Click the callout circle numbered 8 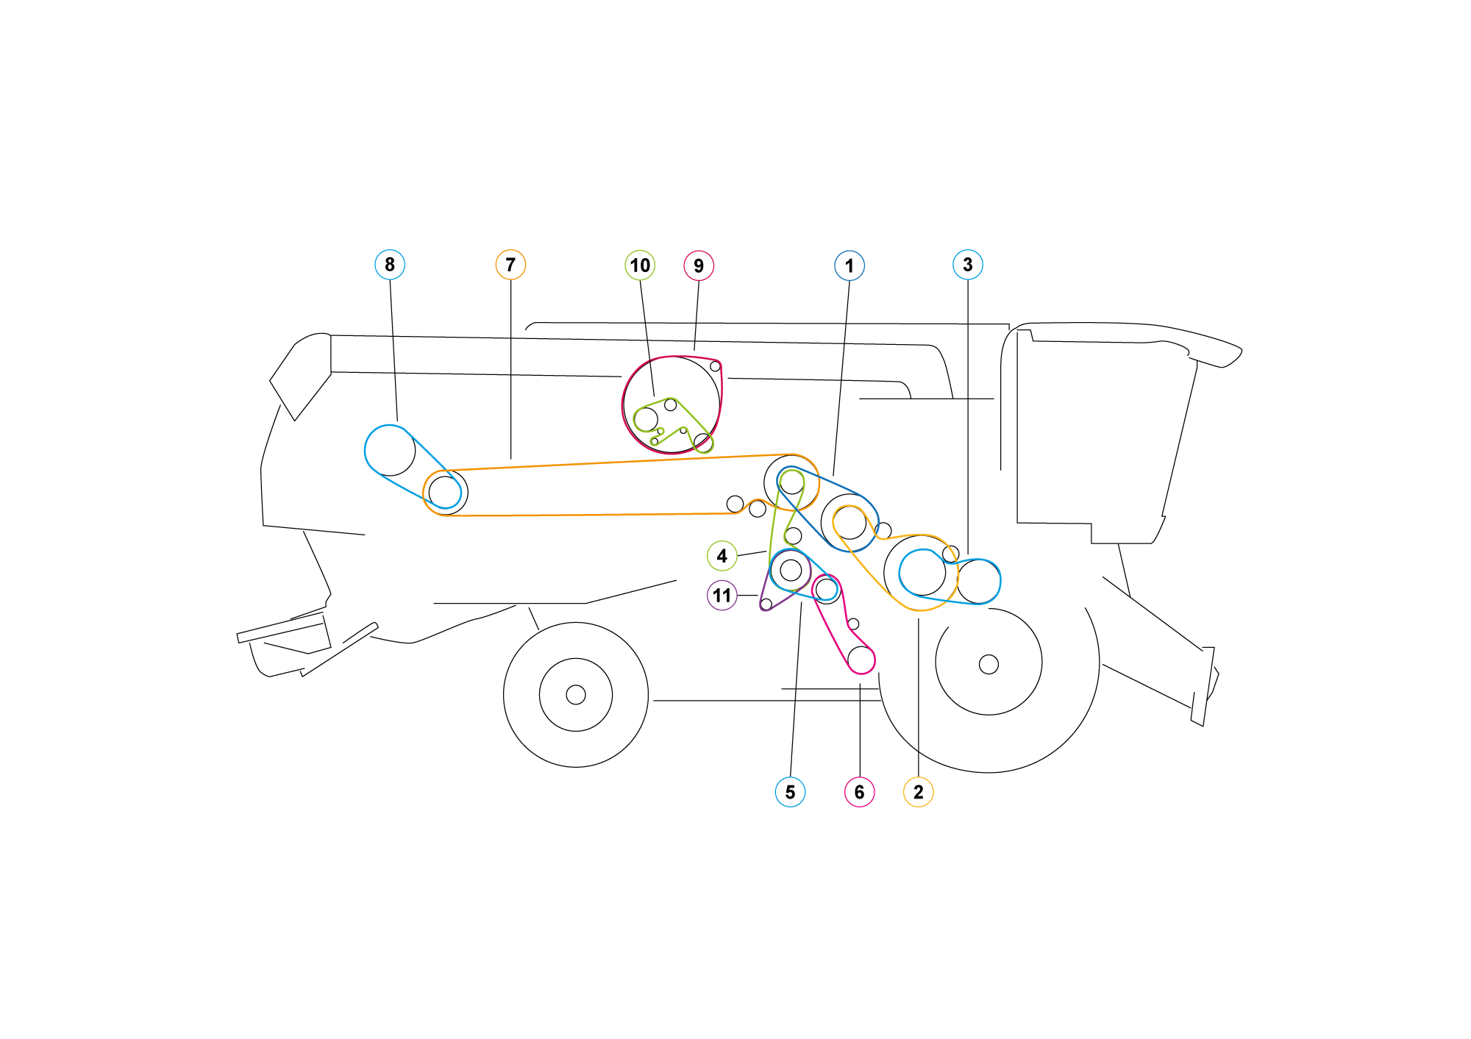pyautogui.click(x=390, y=265)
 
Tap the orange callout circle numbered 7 pyautogui.click(x=510, y=265)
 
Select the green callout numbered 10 pyautogui.click(x=640, y=265)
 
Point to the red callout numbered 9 pyautogui.click(x=699, y=265)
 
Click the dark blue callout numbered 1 pyautogui.click(x=850, y=265)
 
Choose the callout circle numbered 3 pyautogui.click(x=968, y=265)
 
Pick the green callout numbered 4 pyautogui.click(x=722, y=556)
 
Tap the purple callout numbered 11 pyautogui.click(x=722, y=595)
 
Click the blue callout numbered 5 pyautogui.click(x=790, y=792)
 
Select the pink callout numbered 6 pyautogui.click(x=859, y=792)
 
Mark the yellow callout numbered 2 pyautogui.click(x=918, y=792)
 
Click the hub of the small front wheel pyautogui.click(x=576, y=695)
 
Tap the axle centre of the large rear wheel pyautogui.click(x=989, y=665)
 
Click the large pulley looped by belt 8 pyautogui.click(x=390, y=450)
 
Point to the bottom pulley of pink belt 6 pyautogui.click(x=861, y=659)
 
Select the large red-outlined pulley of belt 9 pyautogui.click(x=672, y=405)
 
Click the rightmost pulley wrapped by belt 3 pyautogui.click(x=979, y=582)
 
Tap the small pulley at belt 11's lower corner pyautogui.click(x=766, y=604)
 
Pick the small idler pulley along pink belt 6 pyautogui.click(x=853, y=624)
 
